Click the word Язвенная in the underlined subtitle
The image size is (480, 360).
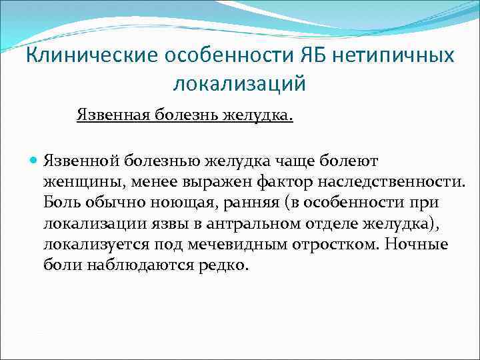pyautogui.click(x=113, y=116)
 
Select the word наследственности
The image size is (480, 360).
pyautogui.click(x=399, y=181)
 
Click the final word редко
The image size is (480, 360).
pyautogui.click(x=227, y=264)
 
